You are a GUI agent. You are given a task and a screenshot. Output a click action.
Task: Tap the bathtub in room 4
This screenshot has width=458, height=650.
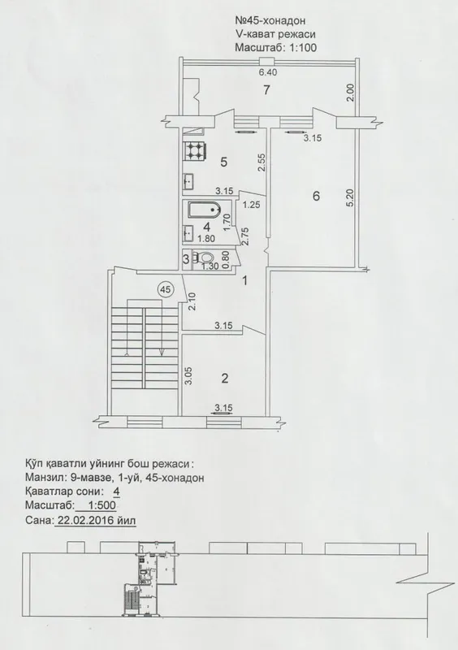pos(204,210)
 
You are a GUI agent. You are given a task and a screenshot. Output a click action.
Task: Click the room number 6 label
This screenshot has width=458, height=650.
pos(316,196)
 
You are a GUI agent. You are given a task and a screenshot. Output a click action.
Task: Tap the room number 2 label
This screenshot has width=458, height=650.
pos(225,378)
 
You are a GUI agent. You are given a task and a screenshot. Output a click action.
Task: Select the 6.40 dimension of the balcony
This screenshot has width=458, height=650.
pos(268,72)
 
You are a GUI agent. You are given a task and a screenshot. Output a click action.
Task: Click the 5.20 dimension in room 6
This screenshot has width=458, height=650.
pos(351,199)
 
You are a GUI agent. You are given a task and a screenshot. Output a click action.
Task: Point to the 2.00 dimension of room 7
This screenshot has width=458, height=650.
pos(351,93)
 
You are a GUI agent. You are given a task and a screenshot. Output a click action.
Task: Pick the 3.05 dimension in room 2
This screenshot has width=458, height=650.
pos(189,376)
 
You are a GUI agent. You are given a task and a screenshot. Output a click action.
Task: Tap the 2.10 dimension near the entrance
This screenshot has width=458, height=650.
pos(191,301)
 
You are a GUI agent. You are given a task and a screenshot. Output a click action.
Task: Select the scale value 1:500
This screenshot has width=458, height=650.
pos(97,505)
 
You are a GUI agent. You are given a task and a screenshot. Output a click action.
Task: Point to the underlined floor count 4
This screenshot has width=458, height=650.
pos(117,492)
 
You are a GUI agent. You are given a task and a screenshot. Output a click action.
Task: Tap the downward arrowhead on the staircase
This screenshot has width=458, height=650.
pos(162,351)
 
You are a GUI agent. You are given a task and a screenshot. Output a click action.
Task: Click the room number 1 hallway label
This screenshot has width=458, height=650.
pos(244,281)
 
